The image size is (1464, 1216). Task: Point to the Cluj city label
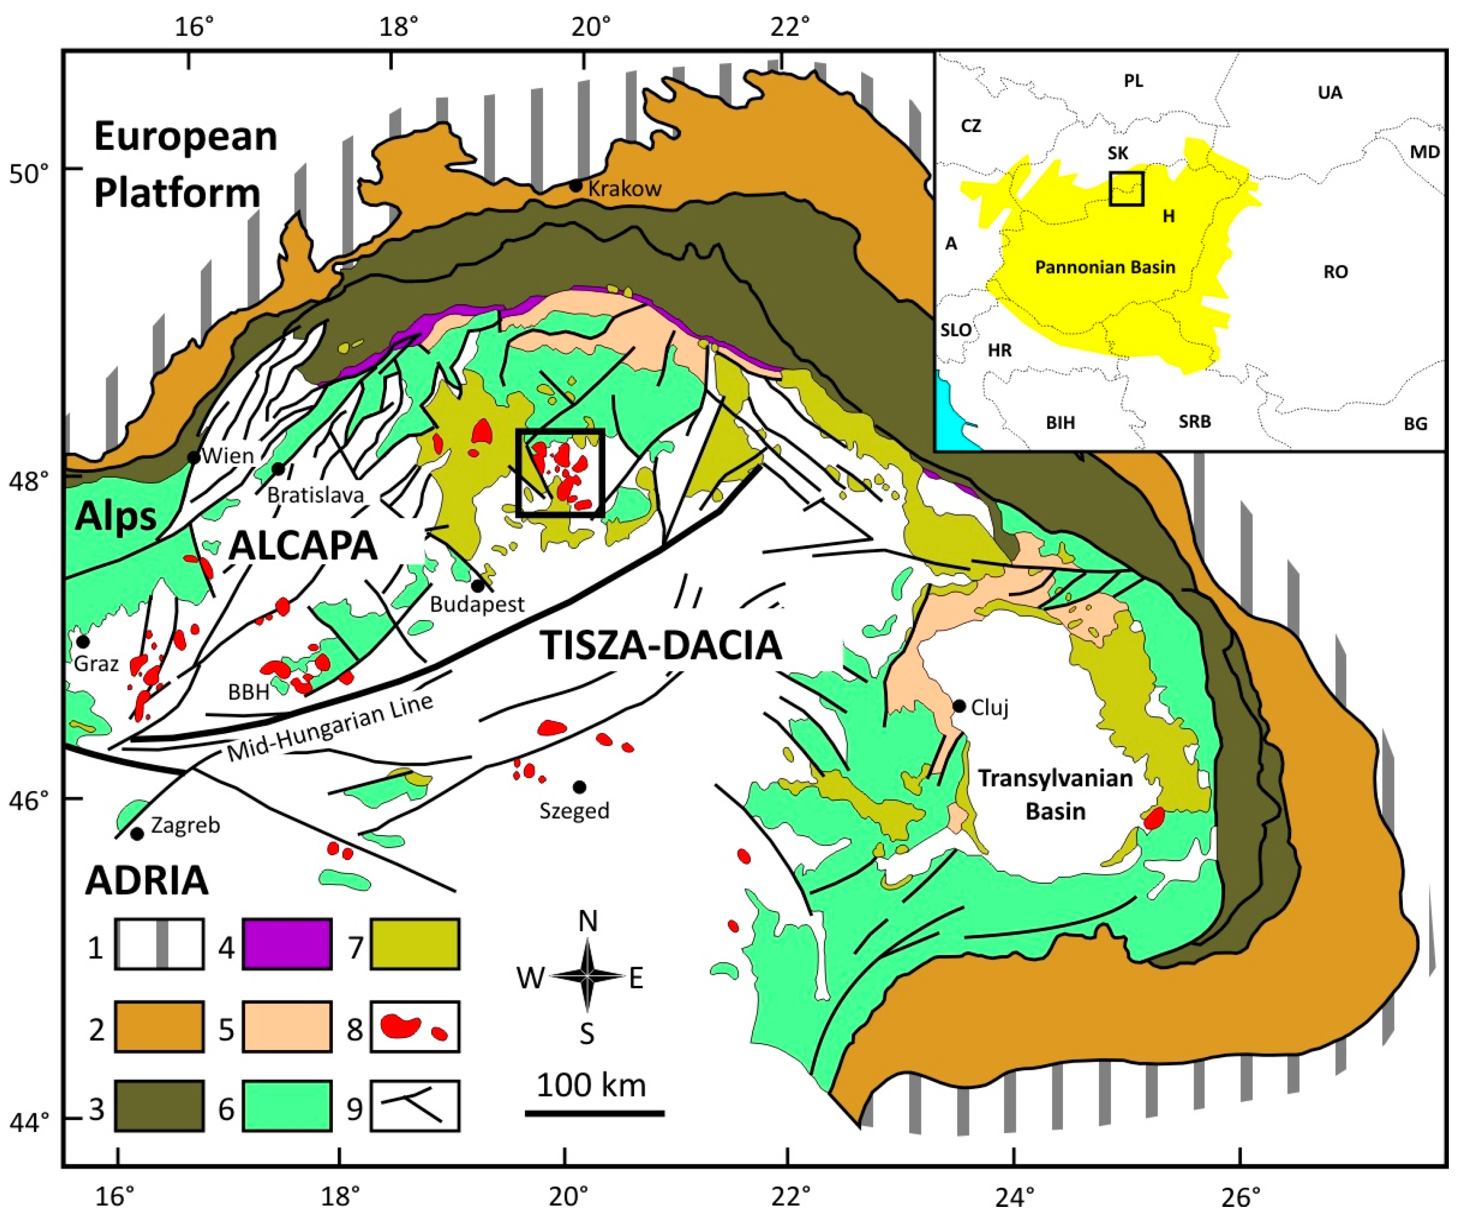(990, 708)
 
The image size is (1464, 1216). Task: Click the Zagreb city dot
(138, 833)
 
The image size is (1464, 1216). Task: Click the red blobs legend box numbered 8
(415, 1026)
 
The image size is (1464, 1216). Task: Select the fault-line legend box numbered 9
(415, 1105)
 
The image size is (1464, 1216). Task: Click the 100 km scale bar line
(594, 1113)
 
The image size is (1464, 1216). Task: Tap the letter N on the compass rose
(588, 921)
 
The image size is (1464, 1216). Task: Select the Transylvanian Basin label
(1055, 795)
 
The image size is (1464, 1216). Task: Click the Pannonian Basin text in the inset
(1105, 267)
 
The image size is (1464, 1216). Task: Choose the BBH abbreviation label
(248, 692)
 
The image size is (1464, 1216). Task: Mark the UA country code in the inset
(1329, 93)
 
